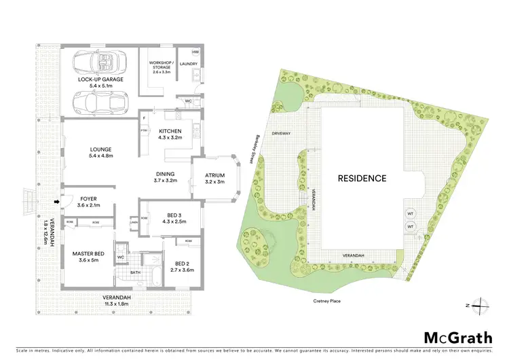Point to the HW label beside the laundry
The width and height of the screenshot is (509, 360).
195,52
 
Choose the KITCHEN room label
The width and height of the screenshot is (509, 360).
169,131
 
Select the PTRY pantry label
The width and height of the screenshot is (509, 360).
144,130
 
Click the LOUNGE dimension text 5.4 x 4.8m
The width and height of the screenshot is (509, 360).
100,157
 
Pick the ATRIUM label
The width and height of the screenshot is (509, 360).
215,175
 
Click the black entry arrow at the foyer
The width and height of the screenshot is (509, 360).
57,202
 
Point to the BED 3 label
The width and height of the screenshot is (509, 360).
170,214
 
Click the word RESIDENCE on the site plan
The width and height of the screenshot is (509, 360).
362,179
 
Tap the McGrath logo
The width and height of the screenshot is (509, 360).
457,338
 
